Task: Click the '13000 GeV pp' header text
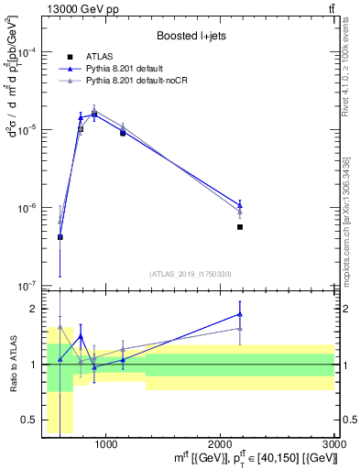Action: point(81,8)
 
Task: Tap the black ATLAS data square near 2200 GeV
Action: point(240,226)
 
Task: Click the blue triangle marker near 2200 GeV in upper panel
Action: point(240,204)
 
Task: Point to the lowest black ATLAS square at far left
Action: point(60,237)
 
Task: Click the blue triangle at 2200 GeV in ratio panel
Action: point(240,313)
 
